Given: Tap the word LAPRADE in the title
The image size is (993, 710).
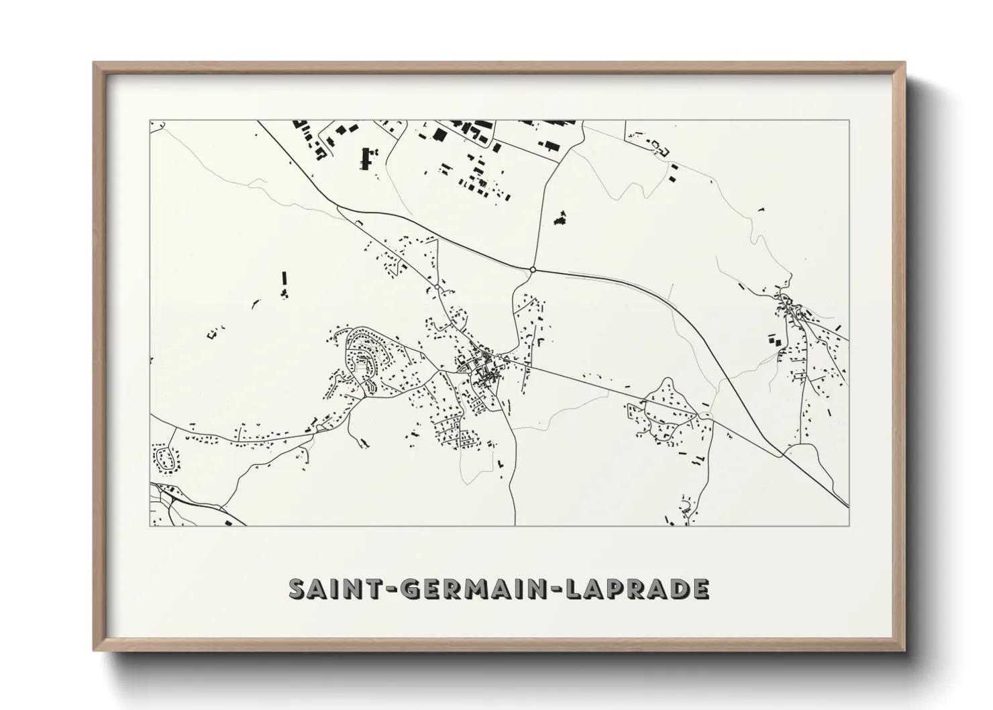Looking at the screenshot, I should coord(637,589).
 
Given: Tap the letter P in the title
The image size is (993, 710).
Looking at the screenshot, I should coord(617,589).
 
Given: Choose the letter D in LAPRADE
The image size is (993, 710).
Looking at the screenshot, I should coord(678,589).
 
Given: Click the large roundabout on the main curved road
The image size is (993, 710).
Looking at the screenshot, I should coord(532,270).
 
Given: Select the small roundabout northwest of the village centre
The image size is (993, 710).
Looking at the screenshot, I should coord(437,287).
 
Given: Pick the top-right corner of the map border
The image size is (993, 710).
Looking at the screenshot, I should coord(849,121).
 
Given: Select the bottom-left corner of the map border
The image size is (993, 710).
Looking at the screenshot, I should coord(150,525).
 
